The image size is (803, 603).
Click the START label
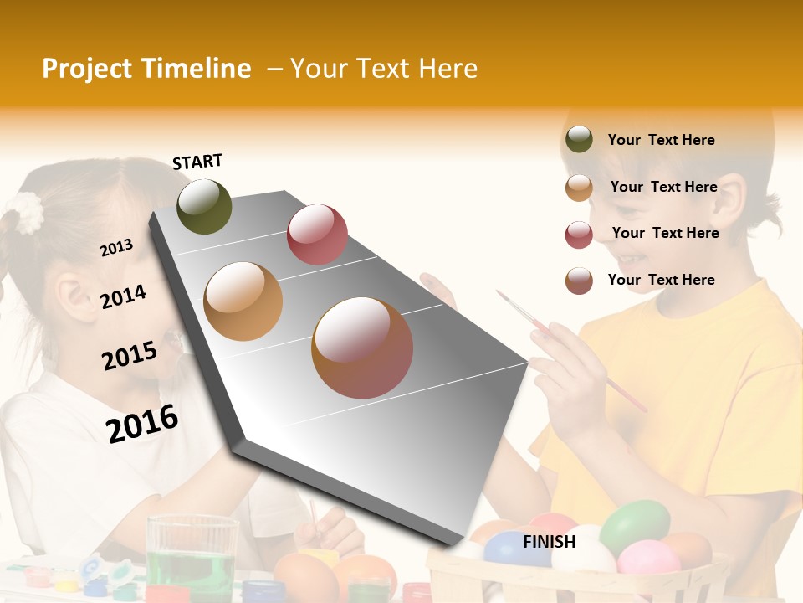[197, 162]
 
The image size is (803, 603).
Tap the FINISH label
[550, 542]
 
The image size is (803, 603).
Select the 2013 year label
[116, 248]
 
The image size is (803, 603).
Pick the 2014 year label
[123, 296]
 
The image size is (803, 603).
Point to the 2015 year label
[130, 355]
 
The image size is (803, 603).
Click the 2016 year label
[142, 423]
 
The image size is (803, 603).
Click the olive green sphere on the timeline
[204, 206]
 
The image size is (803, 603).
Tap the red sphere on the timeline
[317, 234]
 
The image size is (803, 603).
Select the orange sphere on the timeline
[243, 301]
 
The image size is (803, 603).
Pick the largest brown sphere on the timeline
[362, 348]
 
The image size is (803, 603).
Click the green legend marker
[579, 140]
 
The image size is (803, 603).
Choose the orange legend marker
[579, 188]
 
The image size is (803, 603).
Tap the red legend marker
[579, 234]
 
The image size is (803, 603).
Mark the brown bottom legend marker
[579, 281]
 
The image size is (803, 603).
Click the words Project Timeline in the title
[146, 69]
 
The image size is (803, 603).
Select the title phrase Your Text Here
[384, 69]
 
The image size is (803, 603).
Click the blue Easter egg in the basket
[516, 549]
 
